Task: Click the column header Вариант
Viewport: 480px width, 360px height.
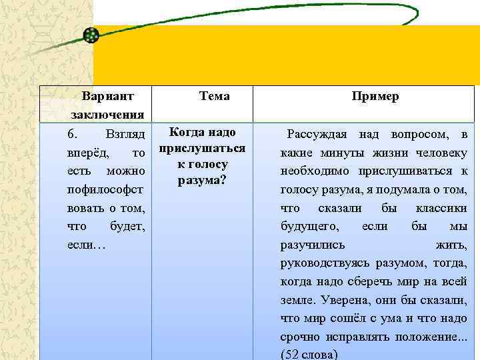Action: click(107, 96)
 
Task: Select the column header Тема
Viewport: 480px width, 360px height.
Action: click(214, 96)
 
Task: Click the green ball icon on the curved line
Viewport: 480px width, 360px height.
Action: click(92, 35)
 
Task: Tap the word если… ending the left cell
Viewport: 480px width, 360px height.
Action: click(86, 246)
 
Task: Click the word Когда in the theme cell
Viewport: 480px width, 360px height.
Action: click(185, 132)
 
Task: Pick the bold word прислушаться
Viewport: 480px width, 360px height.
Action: click(203, 148)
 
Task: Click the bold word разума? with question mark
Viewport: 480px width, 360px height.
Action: click(201, 180)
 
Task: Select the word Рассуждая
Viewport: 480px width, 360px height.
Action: click(317, 135)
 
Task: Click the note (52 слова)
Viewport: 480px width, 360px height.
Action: click(310, 353)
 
